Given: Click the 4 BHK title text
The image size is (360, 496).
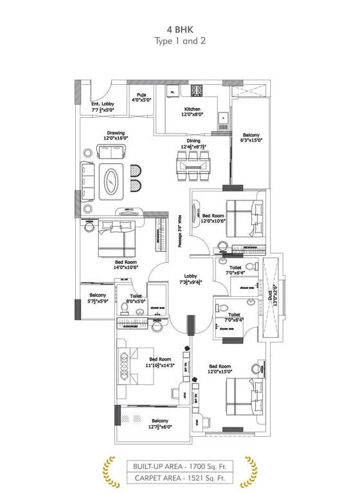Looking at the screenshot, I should coord(179,30).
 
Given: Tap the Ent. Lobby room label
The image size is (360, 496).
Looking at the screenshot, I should coord(102,103).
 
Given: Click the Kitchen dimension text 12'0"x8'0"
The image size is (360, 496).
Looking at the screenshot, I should coord(193,114).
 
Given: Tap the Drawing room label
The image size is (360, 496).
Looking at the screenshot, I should coord(116,133).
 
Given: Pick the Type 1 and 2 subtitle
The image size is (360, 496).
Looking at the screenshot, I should coord(179,40).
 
